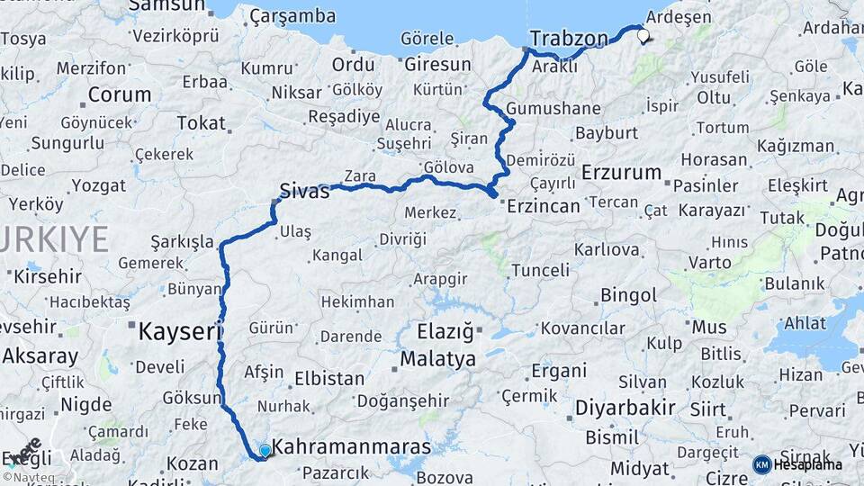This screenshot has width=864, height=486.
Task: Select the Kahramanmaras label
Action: click(x=352, y=446)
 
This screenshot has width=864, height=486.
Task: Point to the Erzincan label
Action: click(x=543, y=206)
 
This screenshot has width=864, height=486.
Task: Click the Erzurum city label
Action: click(x=622, y=171)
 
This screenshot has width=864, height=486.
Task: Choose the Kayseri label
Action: click(x=179, y=332)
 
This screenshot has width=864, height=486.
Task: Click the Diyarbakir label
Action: click(x=625, y=408)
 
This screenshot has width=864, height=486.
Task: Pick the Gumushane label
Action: click(x=553, y=109)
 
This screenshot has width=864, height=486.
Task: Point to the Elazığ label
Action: click(x=445, y=332)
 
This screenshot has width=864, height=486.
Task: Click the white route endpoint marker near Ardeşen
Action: click(x=643, y=37)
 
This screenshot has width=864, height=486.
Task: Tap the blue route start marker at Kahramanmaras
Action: click(x=265, y=451)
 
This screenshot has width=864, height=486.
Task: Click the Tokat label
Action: click(x=201, y=123)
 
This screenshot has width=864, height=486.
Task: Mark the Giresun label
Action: click(x=437, y=65)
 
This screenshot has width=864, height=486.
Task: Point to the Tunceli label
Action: click(x=540, y=270)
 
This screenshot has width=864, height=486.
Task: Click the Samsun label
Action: click(x=166, y=6)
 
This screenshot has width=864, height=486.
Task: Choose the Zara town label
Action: click(x=360, y=176)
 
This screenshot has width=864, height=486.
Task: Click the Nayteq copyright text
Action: click(x=27, y=477)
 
